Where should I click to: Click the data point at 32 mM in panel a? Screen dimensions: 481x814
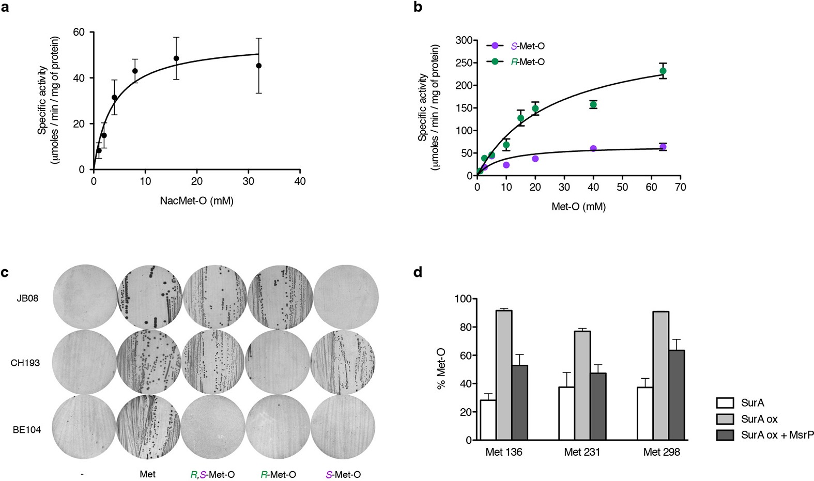point(258,66)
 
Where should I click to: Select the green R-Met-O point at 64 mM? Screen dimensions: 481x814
point(663,71)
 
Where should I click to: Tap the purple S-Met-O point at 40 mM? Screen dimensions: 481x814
point(593,149)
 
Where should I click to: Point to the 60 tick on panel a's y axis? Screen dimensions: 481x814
point(79,32)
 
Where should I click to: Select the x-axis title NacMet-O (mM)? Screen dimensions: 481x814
point(196,200)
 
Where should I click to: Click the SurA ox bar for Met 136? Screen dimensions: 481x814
point(504,375)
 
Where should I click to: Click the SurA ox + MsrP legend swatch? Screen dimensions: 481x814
point(725,435)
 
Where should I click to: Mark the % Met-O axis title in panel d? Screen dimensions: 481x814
point(442,369)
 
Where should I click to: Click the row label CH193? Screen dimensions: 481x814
point(25,363)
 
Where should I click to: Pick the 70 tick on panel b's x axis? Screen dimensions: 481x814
point(680,187)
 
